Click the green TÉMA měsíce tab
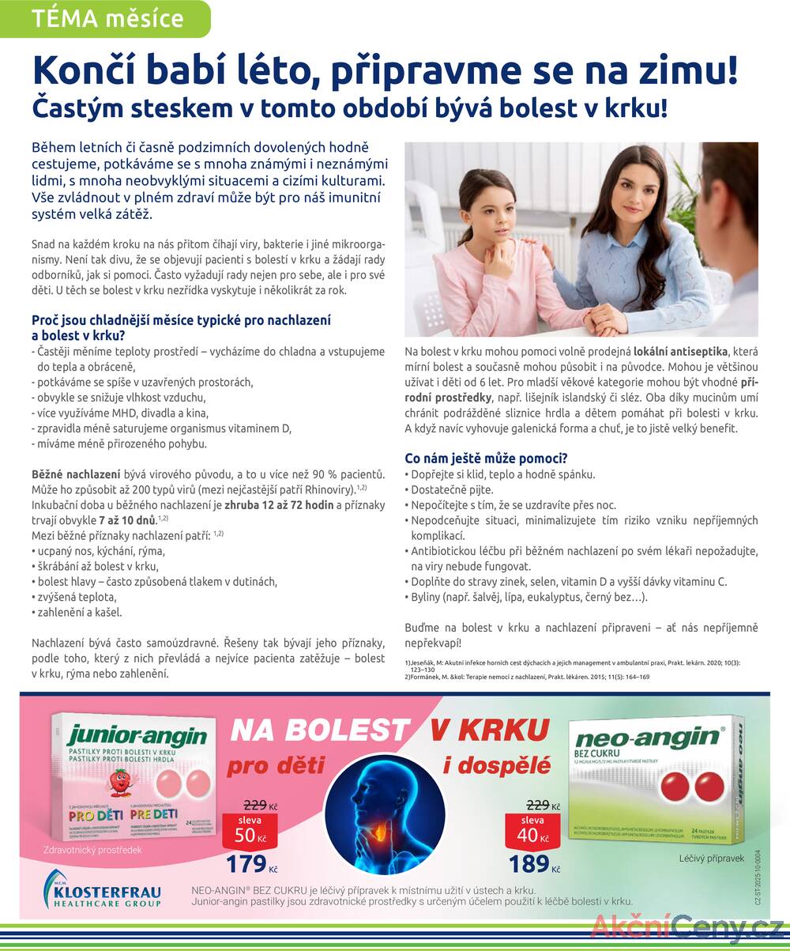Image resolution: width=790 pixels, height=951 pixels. pyautogui.click(x=107, y=19)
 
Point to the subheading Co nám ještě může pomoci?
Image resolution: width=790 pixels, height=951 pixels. pyautogui.click(x=486, y=459)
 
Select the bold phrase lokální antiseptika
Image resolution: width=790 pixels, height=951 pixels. pyautogui.click(x=680, y=351)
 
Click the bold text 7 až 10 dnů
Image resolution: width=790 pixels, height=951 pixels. pyautogui.click(x=127, y=519)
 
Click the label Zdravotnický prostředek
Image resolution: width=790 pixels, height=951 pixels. pyautogui.click(x=93, y=851)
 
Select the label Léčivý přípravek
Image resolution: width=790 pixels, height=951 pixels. pyautogui.click(x=711, y=859)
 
